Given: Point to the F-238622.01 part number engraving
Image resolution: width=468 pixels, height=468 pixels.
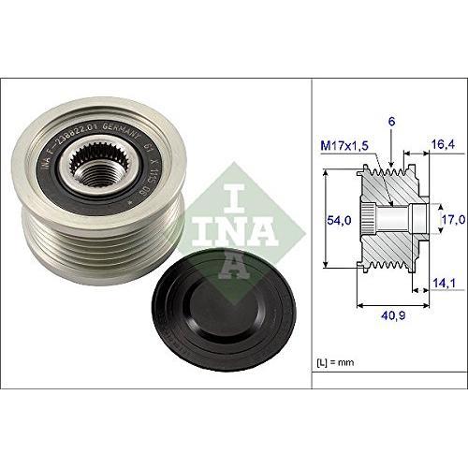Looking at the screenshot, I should point(80,140).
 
